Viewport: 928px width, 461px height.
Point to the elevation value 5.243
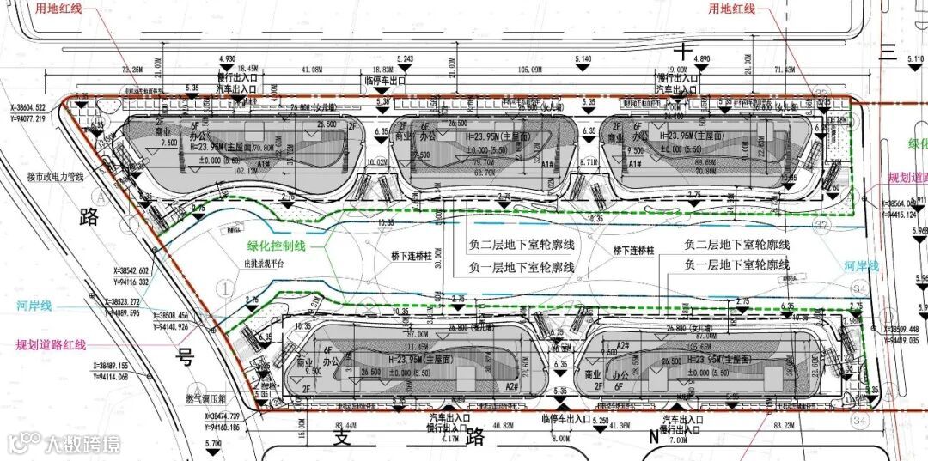[x=406, y=59]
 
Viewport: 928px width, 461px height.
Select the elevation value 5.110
[x=914, y=59]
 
